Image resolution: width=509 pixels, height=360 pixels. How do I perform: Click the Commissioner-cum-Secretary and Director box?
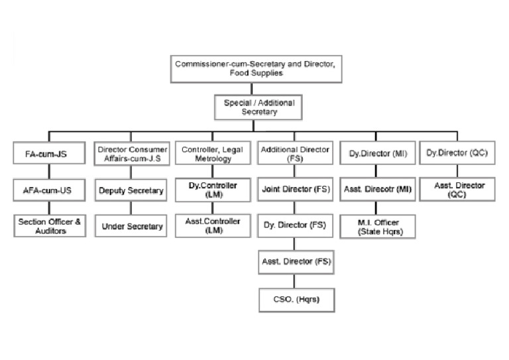click(255, 68)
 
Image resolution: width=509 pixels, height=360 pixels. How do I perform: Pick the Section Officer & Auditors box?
click(50, 226)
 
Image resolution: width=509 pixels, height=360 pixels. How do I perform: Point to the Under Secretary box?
click(131, 226)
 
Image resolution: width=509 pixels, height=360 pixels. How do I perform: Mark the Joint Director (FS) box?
click(296, 190)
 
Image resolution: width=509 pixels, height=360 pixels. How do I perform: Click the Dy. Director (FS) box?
click(296, 226)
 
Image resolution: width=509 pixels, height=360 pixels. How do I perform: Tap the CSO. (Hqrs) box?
click(296, 300)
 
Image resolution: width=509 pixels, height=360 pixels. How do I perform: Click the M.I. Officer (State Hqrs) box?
click(378, 226)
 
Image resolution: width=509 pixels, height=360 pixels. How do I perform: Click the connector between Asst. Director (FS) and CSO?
click(296, 281)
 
